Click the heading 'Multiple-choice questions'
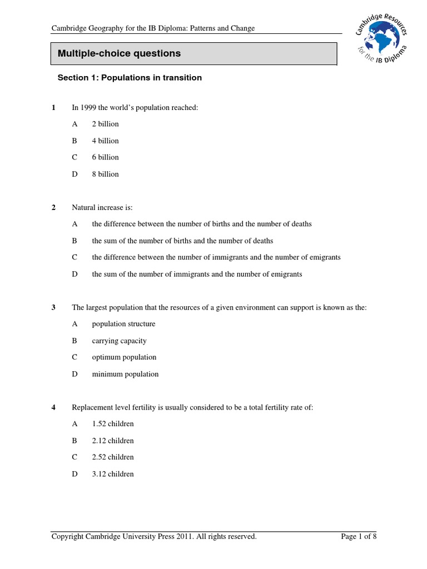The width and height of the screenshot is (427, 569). [120, 54]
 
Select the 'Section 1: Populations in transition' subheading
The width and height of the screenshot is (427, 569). [130, 78]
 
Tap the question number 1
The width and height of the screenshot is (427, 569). [53, 107]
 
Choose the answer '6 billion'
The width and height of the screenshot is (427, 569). [105, 157]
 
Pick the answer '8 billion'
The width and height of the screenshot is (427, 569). [105, 174]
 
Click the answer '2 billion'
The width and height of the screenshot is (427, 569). [105, 124]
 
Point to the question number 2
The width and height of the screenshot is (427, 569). [53, 207]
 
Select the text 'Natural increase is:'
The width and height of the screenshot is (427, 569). [102, 207]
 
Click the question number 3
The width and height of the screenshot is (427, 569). [53, 307]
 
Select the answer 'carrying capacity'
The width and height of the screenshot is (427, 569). [119, 341]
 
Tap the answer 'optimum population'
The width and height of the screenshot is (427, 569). [124, 357]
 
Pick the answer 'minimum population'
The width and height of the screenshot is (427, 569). [125, 374]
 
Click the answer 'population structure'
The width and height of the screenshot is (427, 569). [123, 324]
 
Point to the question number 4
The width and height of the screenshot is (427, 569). [53, 407]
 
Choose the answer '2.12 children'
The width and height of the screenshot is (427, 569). [113, 441]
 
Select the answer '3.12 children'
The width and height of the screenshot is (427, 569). [113, 474]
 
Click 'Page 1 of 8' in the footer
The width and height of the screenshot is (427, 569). [359, 536]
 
